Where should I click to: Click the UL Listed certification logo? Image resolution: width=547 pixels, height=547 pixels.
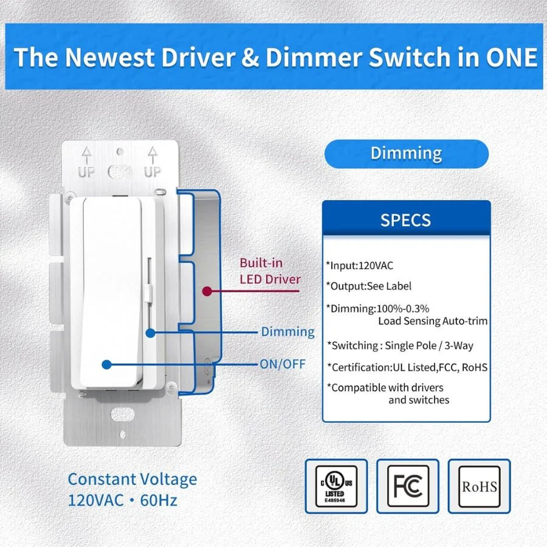[336, 487]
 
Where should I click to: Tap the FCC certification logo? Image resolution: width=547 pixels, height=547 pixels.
[407, 487]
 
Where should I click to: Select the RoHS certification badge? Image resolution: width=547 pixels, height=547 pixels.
[479, 487]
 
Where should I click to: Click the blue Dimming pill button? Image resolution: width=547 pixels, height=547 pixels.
[406, 154]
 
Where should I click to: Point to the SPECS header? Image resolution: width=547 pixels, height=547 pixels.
[406, 219]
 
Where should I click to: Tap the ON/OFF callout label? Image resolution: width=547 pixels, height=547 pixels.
[283, 365]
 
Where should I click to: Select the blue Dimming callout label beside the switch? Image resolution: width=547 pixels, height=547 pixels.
[287, 332]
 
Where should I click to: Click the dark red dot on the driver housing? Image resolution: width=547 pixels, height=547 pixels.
[207, 291]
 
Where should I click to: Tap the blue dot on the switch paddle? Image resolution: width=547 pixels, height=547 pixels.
[106, 365]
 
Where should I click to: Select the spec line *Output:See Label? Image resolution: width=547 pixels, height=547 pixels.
[368, 286]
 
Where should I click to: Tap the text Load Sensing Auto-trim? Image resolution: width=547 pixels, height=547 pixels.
[433, 321]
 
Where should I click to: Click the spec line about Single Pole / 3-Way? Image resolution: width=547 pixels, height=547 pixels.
[400, 345]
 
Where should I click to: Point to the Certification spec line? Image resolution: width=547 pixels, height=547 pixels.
[407, 367]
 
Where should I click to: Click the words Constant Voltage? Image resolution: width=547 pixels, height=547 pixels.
[132, 479]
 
